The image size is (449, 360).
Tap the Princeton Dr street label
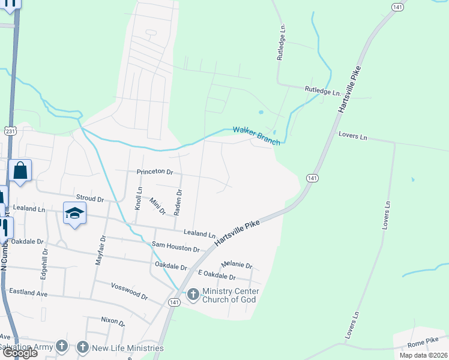tap(155, 172)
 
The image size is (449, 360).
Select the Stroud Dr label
tap(90, 197)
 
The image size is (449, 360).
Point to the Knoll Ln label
tap(139, 197)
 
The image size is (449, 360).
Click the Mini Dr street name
tap(157, 206)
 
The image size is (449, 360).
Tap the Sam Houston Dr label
tap(175, 247)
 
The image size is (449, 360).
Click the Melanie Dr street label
tap(237, 265)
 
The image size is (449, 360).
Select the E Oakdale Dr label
tap(217, 275)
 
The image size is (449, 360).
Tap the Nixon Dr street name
tap(113, 322)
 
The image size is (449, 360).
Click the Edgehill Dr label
tap(43, 264)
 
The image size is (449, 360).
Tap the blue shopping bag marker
tap(20, 171)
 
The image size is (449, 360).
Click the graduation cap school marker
tap(74, 213)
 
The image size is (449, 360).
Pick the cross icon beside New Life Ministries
tap(82, 347)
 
